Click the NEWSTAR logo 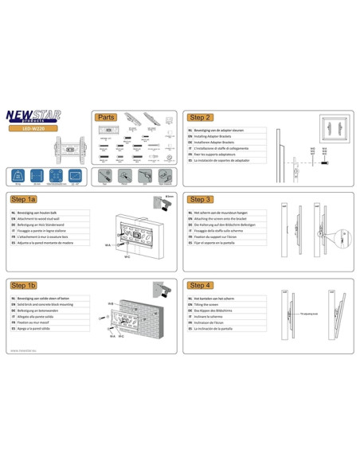[46, 116]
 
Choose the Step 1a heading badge [24, 199]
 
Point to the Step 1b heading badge [24, 284]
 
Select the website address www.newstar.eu [25, 349]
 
